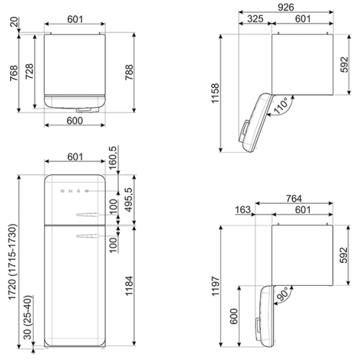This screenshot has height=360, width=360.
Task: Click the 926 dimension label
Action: tap(286, 7)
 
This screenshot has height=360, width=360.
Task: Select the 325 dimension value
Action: tap(255, 19)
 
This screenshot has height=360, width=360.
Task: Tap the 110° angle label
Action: tap(281, 106)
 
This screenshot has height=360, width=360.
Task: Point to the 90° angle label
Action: tap(283, 294)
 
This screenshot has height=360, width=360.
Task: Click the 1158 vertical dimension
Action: tap(215, 94)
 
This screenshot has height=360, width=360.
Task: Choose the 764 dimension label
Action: tap(294, 199)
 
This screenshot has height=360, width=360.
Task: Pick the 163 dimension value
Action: tap(243, 210)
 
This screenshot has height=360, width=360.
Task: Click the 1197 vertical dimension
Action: tap(215, 286)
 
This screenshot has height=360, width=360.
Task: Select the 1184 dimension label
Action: tap(129, 286)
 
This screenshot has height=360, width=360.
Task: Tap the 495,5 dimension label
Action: tap(129, 199)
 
